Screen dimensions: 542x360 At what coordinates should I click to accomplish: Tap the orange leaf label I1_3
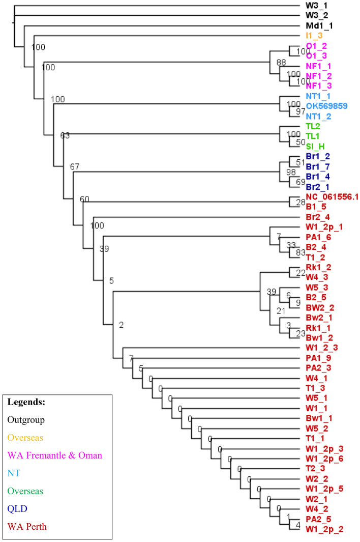click(x=314, y=36)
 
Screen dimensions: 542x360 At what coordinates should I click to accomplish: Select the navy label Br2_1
click(x=317, y=187)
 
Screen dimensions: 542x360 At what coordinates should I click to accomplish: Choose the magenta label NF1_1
click(x=318, y=66)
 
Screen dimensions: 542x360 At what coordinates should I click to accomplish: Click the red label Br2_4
click(x=317, y=217)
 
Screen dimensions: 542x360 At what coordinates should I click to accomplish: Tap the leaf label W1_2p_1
click(x=322, y=226)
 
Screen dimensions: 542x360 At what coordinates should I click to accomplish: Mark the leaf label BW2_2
click(x=320, y=307)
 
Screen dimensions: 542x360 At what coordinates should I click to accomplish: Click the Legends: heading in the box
click(x=26, y=402)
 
